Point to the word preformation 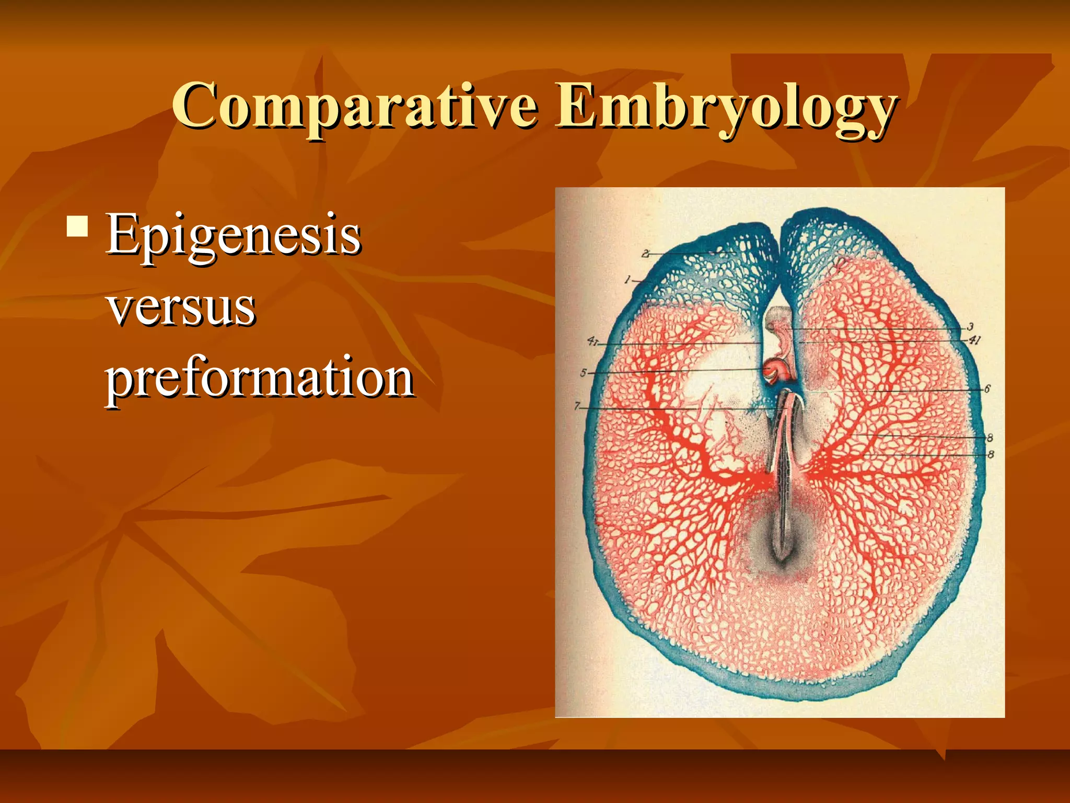260,377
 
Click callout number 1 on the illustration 628,280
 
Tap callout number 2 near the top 646,254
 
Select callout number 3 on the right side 970,327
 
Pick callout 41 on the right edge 974,340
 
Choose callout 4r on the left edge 592,341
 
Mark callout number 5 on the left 584,373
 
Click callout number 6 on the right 987,389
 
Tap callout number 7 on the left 577,406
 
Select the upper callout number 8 990,438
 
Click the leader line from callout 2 690,254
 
